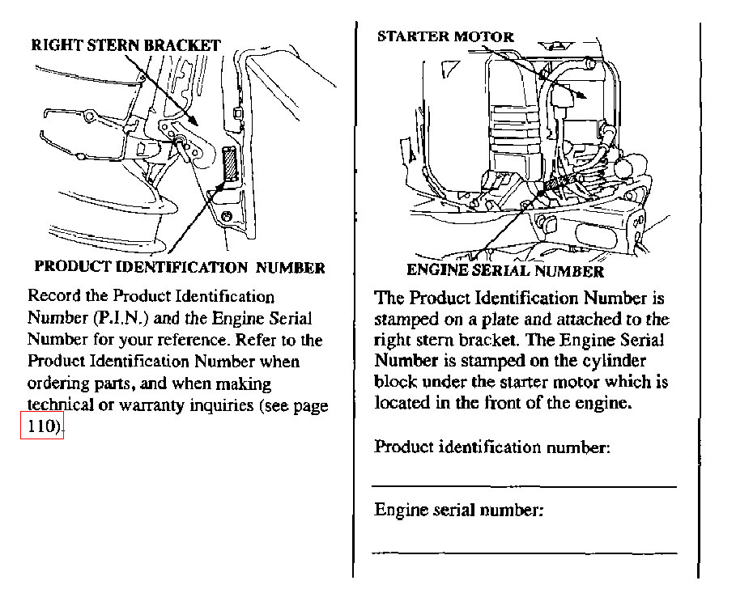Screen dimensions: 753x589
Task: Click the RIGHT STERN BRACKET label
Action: (125, 45)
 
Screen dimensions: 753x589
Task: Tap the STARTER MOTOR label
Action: (445, 36)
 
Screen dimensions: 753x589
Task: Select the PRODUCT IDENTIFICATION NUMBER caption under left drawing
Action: (180, 267)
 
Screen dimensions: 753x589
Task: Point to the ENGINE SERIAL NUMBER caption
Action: (504, 271)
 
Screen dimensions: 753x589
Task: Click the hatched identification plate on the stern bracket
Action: (230, 163)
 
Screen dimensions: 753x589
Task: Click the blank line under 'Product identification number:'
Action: (524, 487)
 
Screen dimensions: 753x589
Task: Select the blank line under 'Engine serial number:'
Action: (525, 553)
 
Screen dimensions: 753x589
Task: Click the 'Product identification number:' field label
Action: (492, 447)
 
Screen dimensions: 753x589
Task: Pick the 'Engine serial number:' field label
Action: (458, 510)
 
